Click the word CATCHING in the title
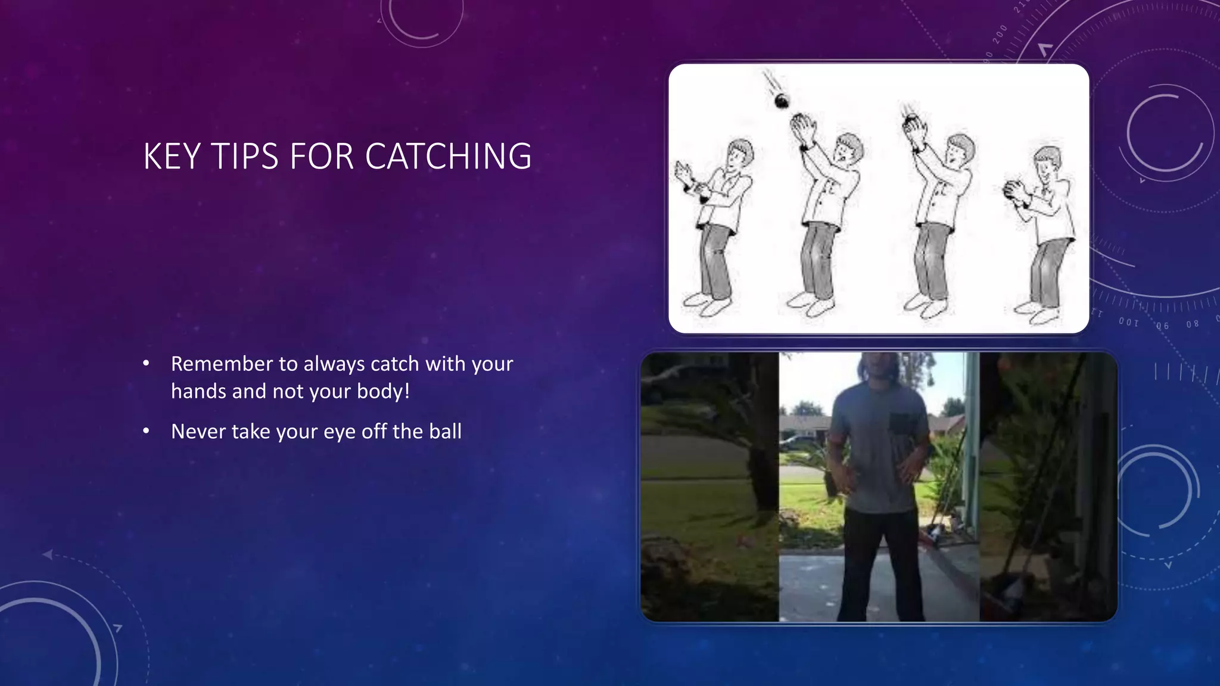(448, 157)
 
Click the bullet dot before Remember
(146, 363)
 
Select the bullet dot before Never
(146, 431)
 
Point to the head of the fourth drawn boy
(1047, 161)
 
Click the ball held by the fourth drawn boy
(1012, 189)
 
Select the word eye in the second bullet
(340, 432)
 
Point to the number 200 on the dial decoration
(1000, 35)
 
